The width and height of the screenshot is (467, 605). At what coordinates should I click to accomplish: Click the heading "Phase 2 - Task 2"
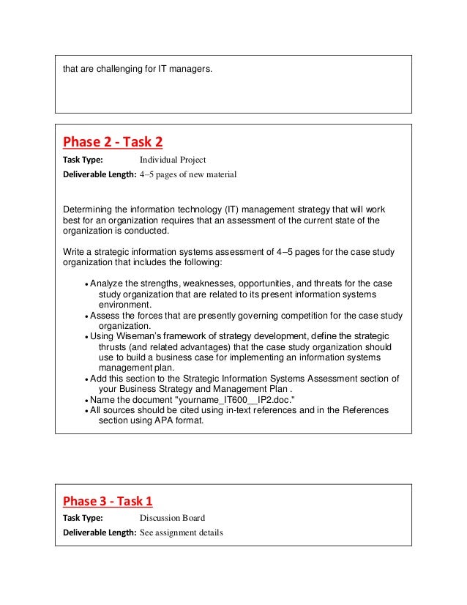pyautogui.click(x=113, y=141)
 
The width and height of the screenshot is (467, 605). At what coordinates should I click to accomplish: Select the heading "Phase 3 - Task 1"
pyautogui.click(x=108, y=502)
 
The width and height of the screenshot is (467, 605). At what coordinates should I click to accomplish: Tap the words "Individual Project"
pyautogui.click(x=173, y=159)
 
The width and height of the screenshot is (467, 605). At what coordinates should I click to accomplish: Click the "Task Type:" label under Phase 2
pyautogui.click(x=83, y=159)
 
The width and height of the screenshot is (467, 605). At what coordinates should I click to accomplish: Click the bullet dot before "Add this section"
pyautogui.click(x=88, y=379)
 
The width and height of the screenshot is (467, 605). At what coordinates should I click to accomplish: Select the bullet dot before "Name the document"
pyautogui.click(x=88, y=401)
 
